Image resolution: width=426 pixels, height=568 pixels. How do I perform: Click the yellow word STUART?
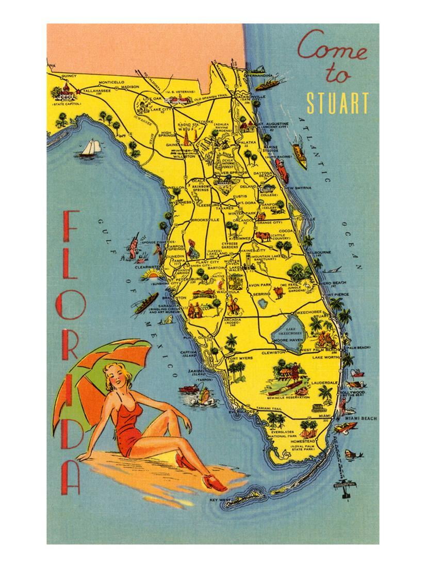(338, 102)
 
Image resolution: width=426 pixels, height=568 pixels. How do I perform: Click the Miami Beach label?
(361, 418)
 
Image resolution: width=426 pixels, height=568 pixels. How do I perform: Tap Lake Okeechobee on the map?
(290, 334)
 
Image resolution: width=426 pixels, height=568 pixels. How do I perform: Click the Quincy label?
(69, 75)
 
